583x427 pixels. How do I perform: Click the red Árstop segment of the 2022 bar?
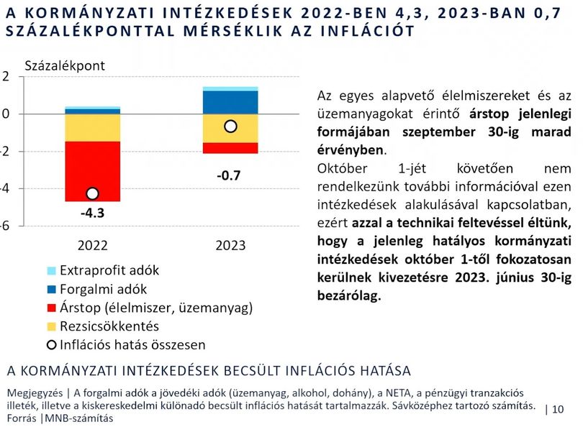[x=93, y=172]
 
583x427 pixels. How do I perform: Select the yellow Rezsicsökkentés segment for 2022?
[x=93, y=128]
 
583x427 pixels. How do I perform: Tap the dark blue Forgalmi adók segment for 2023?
[x=230, y=103]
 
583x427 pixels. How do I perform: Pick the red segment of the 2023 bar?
[x=230, y=148]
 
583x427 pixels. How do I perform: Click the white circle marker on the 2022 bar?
[x=92, y=193]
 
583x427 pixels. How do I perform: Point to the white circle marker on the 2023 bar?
[x=230, y=127]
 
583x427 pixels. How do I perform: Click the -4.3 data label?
[x=93, y=213]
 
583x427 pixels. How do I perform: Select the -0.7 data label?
[x=229, y=175]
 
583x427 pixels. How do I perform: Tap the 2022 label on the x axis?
[x=93, y=245]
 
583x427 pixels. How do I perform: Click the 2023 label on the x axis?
[x=230, y=245]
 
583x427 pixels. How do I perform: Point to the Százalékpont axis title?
[x=65, y=65]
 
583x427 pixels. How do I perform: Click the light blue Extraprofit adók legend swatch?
[x=52, y=271]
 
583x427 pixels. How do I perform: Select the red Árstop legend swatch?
[x=52, y=308]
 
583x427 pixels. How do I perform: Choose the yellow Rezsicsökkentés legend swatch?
[x=52, y=326]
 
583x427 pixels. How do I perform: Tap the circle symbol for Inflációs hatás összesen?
[x=51, y=345]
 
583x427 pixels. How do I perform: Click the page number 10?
[x=558, y=409]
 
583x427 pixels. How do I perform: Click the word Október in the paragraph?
[x=342, y=169]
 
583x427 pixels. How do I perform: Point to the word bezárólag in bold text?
[x=349, y=295]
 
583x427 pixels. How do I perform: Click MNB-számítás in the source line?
[x=79, y=418]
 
